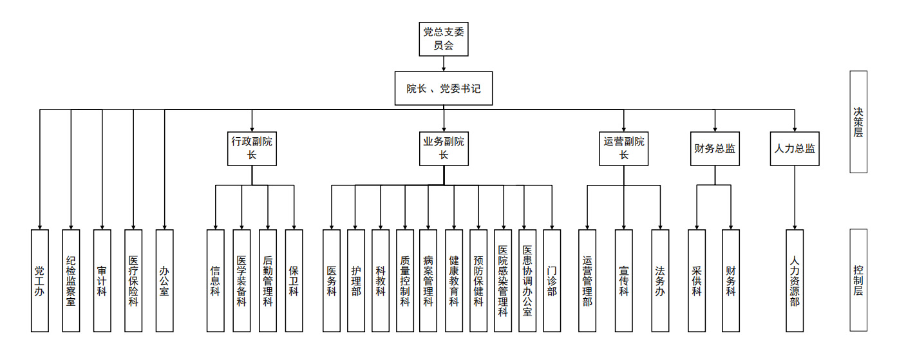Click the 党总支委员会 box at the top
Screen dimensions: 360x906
(x=444, y=39)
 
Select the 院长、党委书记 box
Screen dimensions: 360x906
(x=444, y=88)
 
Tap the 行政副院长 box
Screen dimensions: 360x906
(x=252, y=148)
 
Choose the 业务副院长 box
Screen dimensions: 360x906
(x=444, y=148)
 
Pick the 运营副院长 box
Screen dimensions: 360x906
(x=624, y=148)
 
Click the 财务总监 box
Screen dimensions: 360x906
(x=715, y=148)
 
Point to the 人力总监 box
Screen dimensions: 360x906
(x=795, y=148)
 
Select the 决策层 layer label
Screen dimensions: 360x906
(x=858, y=122)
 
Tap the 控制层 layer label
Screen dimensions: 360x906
(x=858, y=280)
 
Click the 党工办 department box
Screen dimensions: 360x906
(x=40, y=280)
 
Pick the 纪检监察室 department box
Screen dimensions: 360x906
(x=71, y=280)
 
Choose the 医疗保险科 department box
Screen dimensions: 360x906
(x=133, y=280)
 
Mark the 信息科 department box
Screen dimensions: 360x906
(x=216, y=280)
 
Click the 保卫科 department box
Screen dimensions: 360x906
(x=294, y=280)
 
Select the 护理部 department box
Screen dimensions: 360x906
(x=356, y=280)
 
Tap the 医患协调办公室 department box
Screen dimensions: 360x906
(x=527, y=280)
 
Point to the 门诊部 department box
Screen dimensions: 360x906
(x=552, y=280)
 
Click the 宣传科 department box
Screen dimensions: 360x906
(x=623, y=280)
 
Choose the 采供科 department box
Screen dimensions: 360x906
(x=697, y=280)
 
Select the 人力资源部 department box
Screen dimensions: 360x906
(x=795, y=280)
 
